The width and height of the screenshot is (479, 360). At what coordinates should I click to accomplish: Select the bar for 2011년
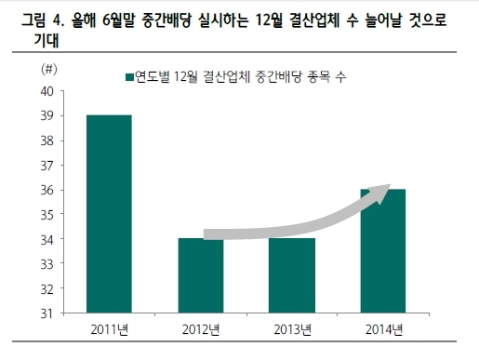click(109, 214)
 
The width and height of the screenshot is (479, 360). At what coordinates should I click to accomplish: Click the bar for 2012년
click(201, 275)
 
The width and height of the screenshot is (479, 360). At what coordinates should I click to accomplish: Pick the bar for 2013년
click(292, 275)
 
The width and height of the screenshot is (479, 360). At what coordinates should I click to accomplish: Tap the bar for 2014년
click(383, 251)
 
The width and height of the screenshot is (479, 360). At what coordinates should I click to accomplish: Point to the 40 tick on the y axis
click(47, 91)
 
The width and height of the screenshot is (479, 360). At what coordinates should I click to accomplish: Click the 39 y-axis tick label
click(47, 116)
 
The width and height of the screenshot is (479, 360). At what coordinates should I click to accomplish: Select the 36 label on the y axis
click(47, 190)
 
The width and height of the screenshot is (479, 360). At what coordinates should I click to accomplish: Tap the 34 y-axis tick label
click(47, 239)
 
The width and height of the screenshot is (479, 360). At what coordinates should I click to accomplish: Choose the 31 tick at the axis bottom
click(47, 313)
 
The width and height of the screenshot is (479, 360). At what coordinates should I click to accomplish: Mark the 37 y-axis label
click(47, 166)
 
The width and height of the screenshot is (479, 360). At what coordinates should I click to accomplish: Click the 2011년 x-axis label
click(110, 329)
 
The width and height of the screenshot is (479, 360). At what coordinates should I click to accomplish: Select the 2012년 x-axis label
click(201, 329)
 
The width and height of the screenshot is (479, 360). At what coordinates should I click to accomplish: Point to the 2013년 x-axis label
click(292, 329)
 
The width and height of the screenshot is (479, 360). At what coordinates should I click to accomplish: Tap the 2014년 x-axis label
click(384, 329)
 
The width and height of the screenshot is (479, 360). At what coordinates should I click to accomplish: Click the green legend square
click(129, 77)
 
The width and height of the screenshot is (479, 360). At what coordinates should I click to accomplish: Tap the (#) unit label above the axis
click(49, 69)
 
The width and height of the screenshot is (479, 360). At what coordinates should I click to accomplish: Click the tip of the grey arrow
click(391, 184)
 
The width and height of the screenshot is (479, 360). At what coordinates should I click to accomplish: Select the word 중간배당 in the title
click(166, 20)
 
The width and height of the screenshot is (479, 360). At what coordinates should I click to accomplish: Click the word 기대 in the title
click(47, 40)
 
